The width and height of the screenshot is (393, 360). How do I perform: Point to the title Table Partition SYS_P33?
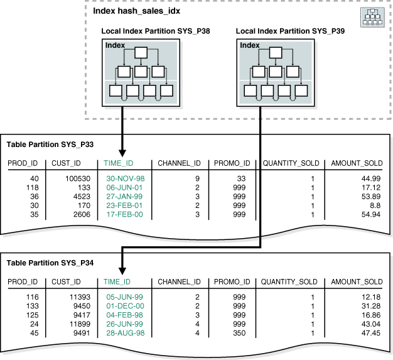50,145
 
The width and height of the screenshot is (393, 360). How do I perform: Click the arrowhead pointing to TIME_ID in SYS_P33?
123,153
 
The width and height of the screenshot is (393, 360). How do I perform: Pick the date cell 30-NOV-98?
125,179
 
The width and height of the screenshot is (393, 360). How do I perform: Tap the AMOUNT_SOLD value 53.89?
370,197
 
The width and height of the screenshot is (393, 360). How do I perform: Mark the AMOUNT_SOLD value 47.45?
370,332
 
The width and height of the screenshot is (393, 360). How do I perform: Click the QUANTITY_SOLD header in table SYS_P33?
290,163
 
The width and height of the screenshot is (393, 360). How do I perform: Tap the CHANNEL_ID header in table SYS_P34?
179,282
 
